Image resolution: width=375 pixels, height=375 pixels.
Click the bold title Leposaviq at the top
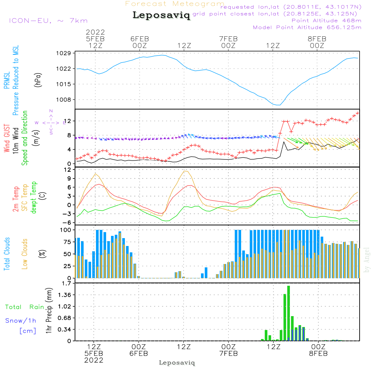point(161,16)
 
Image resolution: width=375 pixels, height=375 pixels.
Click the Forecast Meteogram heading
point(175,4)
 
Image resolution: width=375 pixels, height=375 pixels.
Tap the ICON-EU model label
point(48,21)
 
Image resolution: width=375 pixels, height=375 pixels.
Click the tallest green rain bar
point(288,313)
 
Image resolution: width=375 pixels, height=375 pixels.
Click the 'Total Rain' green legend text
point(25,307)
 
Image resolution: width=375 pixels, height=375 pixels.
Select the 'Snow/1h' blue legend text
point(21,321)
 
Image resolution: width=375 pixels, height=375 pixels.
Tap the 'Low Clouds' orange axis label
point(25,253)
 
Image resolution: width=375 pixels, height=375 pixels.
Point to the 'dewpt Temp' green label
point(34,198)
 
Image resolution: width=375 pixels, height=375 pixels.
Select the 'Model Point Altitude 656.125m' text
point(307,27)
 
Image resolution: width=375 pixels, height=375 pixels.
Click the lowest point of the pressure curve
point(278,105)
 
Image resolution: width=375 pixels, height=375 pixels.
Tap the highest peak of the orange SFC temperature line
point(185,171)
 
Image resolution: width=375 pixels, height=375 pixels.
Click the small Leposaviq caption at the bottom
point(177,363)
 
